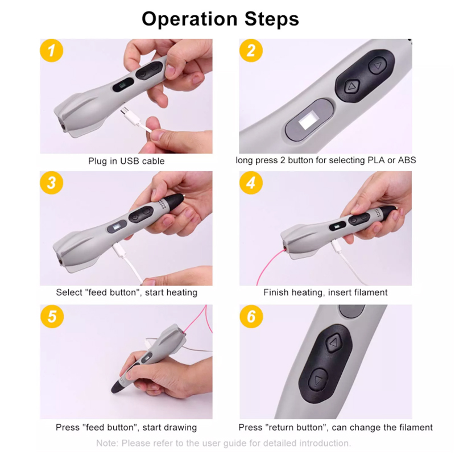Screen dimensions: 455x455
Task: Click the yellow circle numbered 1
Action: (51, 51)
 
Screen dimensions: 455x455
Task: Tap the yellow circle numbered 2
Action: (251, 51)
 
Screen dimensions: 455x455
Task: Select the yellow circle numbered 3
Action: (51, 183)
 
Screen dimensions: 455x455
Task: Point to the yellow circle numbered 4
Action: (251, 183)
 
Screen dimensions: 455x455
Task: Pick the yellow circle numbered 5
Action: (52, 316)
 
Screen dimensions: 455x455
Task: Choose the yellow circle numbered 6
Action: (251, 316)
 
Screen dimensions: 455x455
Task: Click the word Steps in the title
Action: (272, 19)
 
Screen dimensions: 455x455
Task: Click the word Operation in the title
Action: (189, 19)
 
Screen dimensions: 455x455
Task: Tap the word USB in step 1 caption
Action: (130, 161)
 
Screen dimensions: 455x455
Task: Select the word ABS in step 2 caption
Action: (407, 160)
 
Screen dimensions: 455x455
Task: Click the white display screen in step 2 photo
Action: (308, 121)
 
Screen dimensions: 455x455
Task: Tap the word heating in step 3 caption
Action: (180, 292)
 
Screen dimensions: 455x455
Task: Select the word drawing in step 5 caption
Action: (180, 428)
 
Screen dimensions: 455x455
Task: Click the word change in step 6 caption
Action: (363, 428)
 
